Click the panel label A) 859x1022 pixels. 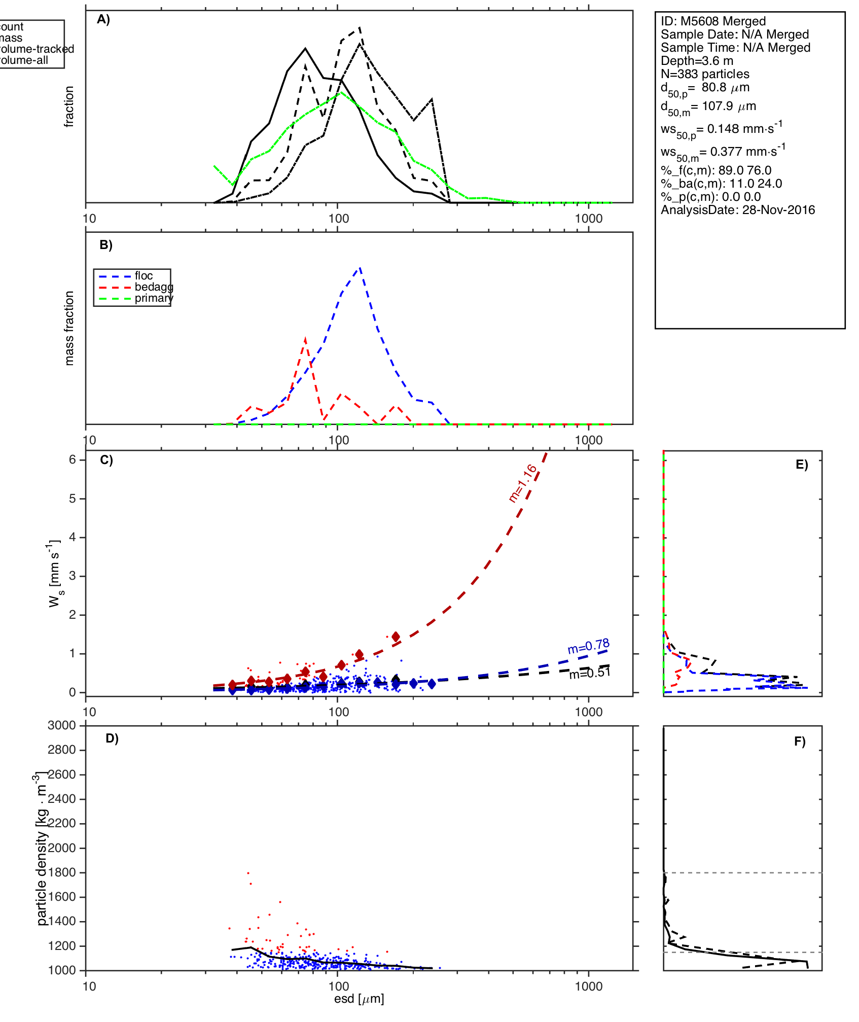103,19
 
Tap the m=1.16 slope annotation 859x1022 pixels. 523,483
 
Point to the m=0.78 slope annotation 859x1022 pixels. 588,647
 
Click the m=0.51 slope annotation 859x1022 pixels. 589,673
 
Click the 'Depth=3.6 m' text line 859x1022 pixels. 697,61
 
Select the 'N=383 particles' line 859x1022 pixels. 705,74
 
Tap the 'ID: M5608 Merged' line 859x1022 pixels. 713,21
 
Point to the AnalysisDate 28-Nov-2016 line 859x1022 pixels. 738,210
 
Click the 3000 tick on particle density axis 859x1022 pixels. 62,725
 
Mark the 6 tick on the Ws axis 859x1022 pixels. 73,460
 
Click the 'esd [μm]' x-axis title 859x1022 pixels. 359,999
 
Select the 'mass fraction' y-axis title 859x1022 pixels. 69,328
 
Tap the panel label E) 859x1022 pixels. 802,465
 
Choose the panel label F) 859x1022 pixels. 800,742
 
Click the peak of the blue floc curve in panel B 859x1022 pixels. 360,267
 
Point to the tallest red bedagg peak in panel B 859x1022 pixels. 305,338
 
